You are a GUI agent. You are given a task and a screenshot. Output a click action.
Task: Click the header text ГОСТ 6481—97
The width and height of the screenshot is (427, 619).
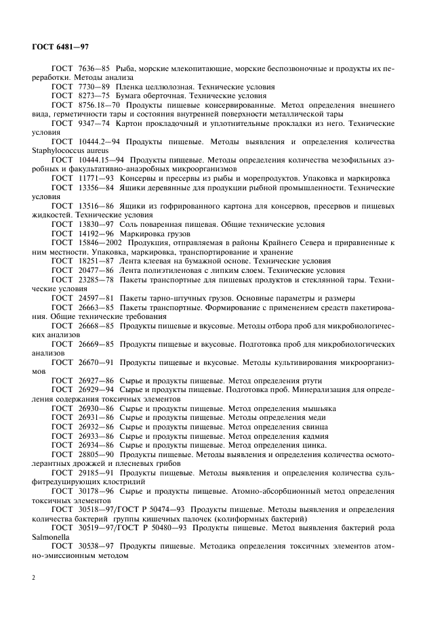(x=60, y=47)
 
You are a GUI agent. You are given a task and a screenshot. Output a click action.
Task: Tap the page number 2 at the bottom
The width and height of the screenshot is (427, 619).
(x=33, y=577)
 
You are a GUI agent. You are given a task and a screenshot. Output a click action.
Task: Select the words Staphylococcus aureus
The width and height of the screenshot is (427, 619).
(x=64, y=150)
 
